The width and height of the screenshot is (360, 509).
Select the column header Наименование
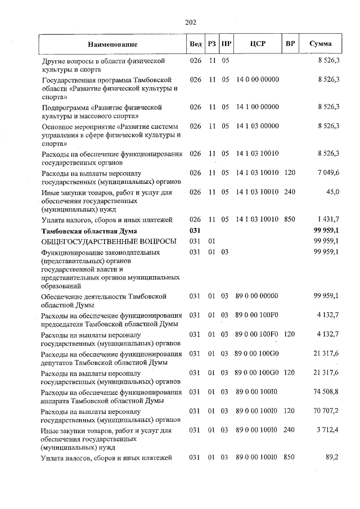pos(112,44)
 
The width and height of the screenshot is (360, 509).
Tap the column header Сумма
pos(320,44)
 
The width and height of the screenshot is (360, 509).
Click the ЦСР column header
pos(257,44)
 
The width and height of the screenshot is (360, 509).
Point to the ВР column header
pos(290,44)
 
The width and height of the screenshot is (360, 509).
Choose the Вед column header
pos(196,44)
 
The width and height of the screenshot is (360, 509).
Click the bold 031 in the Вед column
pos(195,231)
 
